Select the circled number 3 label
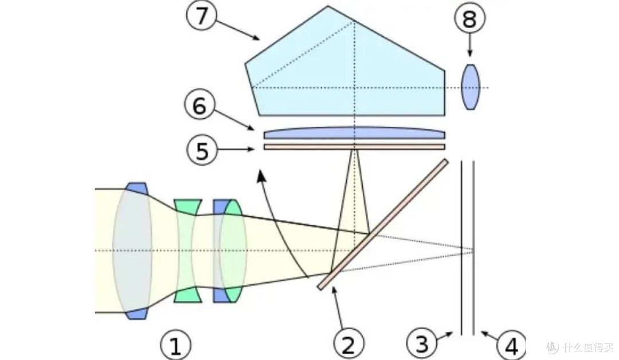point(422,345)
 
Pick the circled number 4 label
point(511,346)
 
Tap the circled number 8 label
point(470,20)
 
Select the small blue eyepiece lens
point(470,87)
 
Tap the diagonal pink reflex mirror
point(383,224)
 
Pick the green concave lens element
point(188,251)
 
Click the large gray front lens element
point(133,251)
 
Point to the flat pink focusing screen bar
point(354,147)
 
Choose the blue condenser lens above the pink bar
point(354,134)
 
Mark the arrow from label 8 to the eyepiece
point(470,46)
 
